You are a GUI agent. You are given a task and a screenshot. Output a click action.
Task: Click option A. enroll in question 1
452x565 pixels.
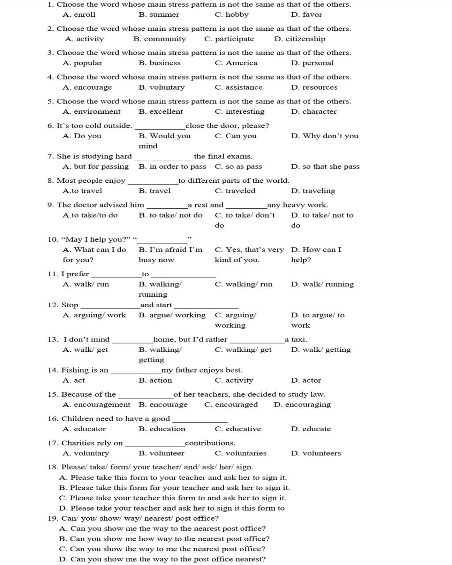coord(79,15)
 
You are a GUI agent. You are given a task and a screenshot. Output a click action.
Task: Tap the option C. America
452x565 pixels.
coord(236,63)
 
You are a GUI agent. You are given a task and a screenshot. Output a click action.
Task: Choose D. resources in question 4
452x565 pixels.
coord(314,87)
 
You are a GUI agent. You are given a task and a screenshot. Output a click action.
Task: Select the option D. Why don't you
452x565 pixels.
coord(324,136)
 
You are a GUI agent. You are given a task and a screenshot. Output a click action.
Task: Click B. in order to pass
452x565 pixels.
coord(172,166)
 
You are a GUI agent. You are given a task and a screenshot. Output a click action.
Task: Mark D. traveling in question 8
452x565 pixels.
coord(313,191)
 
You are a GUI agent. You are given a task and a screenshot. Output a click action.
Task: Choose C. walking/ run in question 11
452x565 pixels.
coord(243,284)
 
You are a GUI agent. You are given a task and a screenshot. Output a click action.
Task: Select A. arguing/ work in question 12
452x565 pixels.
coord(94,315)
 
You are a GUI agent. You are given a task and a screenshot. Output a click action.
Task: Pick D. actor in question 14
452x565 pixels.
coord(306,380)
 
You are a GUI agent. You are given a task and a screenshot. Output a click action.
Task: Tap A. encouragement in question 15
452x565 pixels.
coord(96,405)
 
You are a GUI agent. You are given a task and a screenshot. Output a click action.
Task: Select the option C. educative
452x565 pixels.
coord(237,429)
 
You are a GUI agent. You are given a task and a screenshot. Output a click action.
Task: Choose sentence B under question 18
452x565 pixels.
coord(174,488)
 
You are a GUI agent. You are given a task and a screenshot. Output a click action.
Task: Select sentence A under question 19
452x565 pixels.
coord(162,528)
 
